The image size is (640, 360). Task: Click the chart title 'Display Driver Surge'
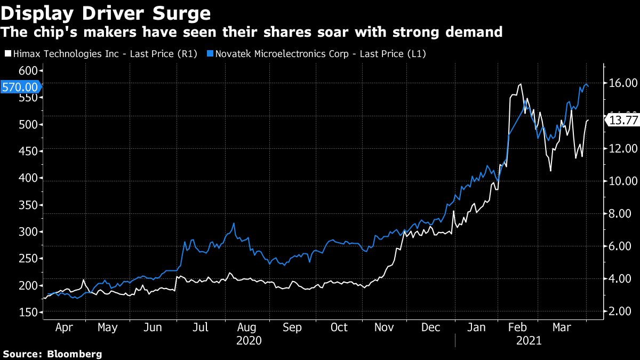106,12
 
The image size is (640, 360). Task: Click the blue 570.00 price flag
20,87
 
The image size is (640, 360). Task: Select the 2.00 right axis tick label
621,311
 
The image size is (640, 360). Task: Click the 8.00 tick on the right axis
621,214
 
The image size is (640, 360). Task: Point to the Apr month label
64,327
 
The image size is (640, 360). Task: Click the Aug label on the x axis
246,327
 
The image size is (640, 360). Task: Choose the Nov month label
385,327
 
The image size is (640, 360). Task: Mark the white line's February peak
520,84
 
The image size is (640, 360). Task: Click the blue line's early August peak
233,223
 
